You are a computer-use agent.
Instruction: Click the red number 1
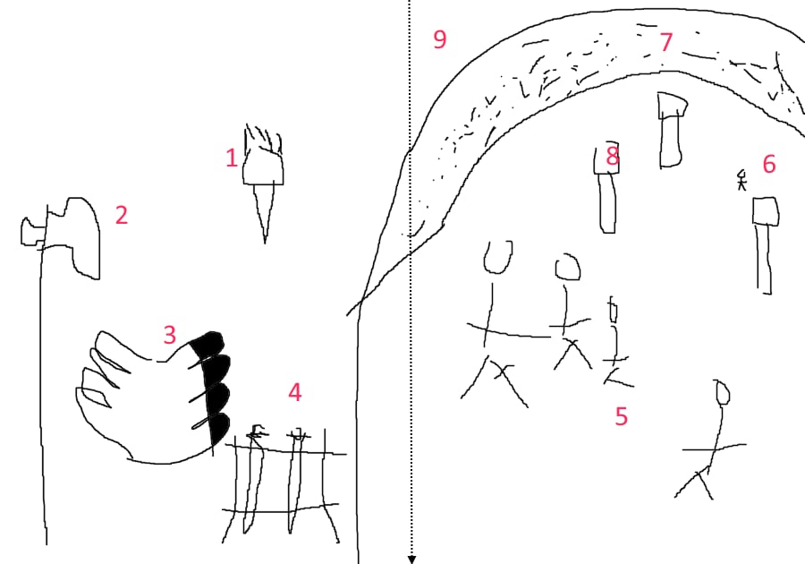point(232,158)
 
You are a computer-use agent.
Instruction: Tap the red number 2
point(121,215)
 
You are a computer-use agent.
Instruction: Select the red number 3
point(170,335)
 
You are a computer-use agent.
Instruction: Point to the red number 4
point(294,392)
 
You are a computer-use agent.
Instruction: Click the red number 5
point(622,416)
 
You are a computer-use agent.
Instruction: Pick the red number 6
point(768,164)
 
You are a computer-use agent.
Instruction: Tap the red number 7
point(665,42)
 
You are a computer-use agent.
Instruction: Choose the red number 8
point(612,156)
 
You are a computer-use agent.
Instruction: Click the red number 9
point(439,39)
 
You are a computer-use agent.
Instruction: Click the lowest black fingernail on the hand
point(220,429)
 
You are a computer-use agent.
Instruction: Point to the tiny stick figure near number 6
point(741,180)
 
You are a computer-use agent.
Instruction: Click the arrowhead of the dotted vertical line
point(411,560)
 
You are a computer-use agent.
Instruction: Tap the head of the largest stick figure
point(497,257)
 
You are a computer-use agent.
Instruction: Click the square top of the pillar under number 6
point(766,211)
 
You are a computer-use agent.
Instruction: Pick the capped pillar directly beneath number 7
point(671,130)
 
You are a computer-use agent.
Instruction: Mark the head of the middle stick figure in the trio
point(567,267)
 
